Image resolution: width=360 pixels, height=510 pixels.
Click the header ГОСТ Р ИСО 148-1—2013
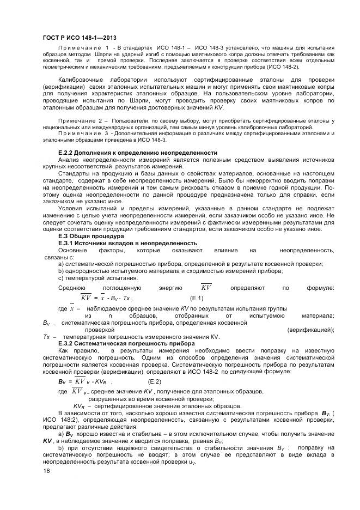79,37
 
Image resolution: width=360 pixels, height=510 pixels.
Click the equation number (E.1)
196,299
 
